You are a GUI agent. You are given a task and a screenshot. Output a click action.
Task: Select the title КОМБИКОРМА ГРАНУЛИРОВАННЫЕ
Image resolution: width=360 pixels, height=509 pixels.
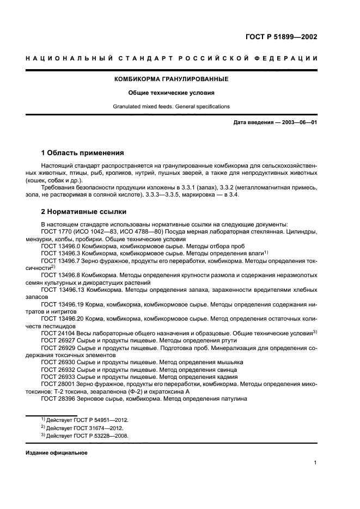171,79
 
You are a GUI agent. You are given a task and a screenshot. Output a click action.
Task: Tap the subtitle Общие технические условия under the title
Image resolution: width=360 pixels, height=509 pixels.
171,93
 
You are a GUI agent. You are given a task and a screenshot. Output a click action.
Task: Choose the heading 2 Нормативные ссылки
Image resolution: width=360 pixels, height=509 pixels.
83,212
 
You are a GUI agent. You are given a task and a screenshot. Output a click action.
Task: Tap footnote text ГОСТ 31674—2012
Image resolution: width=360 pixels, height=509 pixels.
96,427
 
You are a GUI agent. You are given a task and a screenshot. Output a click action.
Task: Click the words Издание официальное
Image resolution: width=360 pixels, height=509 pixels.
57,453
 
